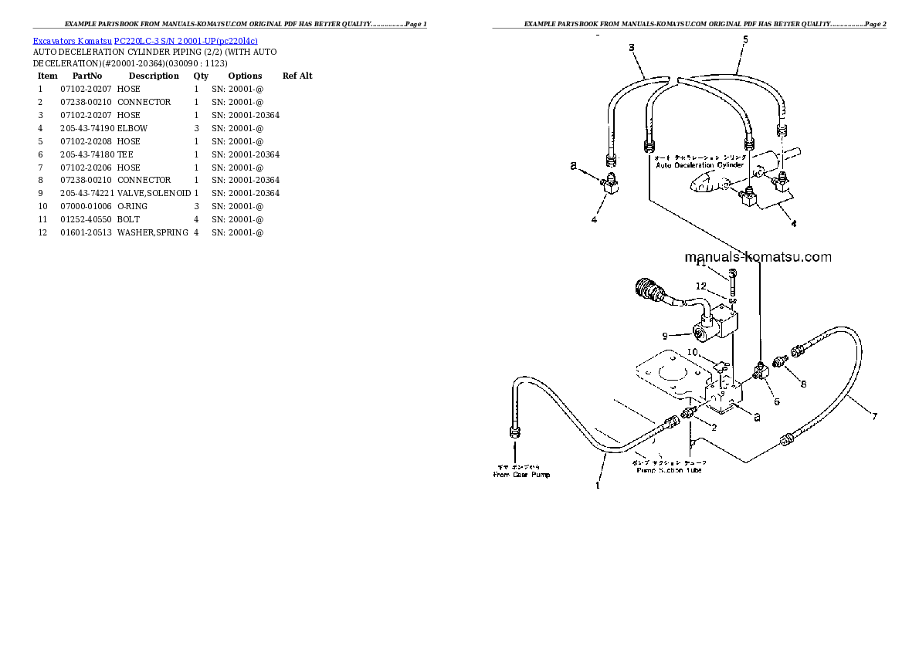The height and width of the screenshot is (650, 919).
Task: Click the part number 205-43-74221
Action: coord(86,193)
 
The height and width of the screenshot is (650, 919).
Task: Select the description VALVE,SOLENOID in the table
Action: coord(154,193)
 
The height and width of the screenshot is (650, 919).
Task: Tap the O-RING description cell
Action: coord(132,206)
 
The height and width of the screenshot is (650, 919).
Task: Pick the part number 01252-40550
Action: coord(86,219)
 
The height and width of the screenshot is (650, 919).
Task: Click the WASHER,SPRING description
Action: coord(152,232)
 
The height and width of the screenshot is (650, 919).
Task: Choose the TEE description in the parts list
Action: coord(125,154)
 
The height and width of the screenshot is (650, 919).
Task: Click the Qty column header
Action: coord(201,76)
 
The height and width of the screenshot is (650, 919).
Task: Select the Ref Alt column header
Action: coord(297,76)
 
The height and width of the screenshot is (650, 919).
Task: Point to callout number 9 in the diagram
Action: coord(663,336)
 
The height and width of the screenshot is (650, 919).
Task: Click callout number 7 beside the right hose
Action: coord(874,417)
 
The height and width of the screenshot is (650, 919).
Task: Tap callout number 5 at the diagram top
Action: coord(744,39)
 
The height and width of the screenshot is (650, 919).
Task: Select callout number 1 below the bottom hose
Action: coord(596,486)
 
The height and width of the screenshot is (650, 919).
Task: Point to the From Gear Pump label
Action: coord(521,475)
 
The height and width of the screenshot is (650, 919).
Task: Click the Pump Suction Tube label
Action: coord(669,470)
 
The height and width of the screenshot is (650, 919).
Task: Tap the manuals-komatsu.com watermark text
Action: coord(757,258)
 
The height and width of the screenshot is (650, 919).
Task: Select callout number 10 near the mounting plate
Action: coord(692,353)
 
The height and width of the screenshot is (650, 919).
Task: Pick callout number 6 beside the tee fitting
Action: coord(776,401)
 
